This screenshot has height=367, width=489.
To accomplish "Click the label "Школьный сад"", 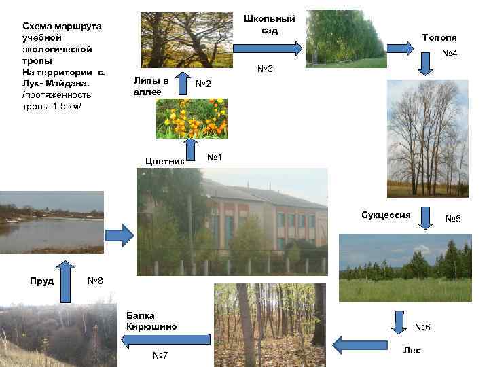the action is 270,24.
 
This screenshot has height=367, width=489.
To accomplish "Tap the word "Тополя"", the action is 439,37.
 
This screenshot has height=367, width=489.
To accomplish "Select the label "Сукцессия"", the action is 386,215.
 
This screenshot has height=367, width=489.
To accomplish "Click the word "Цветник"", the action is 166,161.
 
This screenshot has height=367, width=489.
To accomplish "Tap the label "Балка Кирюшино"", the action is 151,320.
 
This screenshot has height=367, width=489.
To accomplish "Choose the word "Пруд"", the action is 42,281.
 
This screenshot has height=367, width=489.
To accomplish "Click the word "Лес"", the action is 412,350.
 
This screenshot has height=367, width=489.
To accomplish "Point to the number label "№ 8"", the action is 95,281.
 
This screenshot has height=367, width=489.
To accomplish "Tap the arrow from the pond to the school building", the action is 120,236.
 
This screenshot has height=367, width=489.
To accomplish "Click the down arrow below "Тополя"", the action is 426,64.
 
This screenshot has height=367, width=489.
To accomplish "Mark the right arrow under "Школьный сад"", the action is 268,48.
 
